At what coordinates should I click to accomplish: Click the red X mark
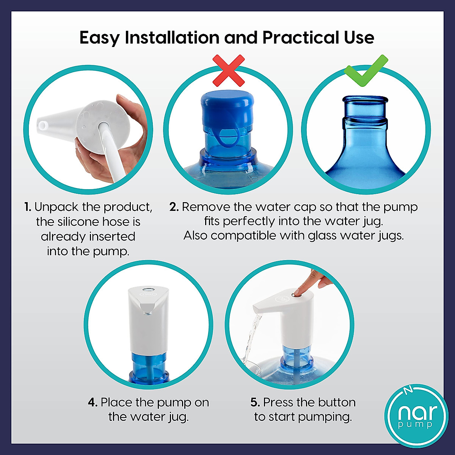point(228,71)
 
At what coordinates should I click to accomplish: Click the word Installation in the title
point(172,38)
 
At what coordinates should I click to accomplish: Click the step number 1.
point(28,207)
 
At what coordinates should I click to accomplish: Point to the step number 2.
point(174,207)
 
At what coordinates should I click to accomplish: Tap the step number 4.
point(93,403)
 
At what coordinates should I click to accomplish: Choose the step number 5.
point(255,403)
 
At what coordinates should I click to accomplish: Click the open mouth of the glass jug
point(365,99)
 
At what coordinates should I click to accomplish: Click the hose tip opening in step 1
point(42,126)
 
